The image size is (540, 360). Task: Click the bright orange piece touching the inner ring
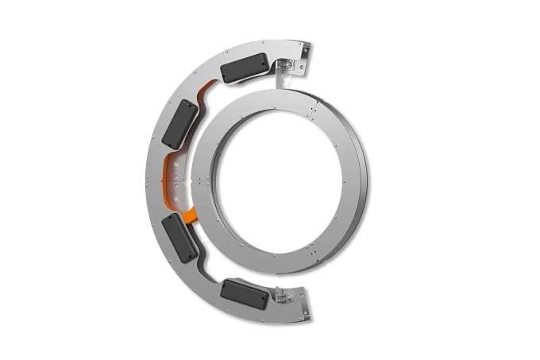pos(189,215)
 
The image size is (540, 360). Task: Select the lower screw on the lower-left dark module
pos(190,256)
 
